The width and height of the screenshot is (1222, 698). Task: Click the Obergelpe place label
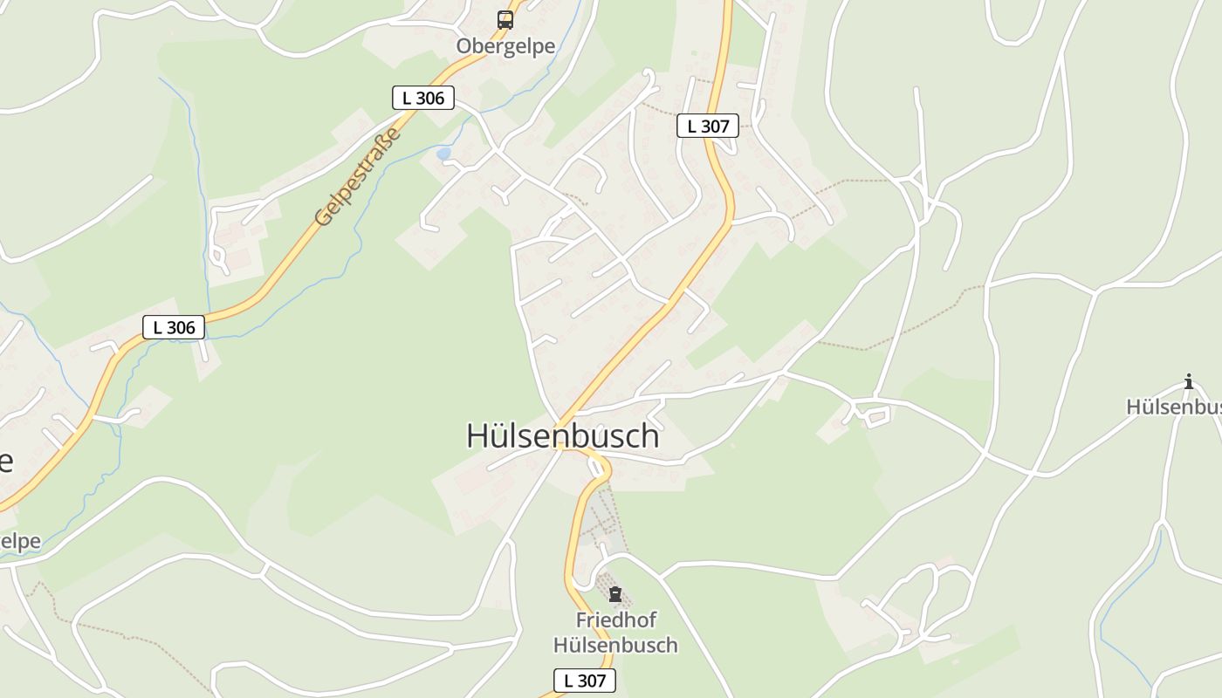[505, 46]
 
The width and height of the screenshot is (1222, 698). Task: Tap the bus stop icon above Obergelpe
[505, 19]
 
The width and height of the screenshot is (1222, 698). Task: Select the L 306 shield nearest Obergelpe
[423, 99]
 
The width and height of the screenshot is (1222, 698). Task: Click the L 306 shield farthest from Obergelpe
[174, 327]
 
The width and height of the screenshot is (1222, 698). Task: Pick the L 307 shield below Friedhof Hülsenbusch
[585, 681]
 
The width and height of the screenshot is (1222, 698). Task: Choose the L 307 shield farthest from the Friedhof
[708, 126]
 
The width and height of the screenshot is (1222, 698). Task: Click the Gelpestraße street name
[359, 177]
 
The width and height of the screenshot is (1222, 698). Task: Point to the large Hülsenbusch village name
[562, 435]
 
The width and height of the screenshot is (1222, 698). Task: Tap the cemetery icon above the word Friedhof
[615, 595]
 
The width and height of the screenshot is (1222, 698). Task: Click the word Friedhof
[616, 620]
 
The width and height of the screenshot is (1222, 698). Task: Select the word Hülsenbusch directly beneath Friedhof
[616, 646]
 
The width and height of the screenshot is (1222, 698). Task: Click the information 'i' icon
[1188, 381]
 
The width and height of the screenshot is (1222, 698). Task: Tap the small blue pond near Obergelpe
[443, 154]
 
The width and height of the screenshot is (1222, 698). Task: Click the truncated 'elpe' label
[19, 541]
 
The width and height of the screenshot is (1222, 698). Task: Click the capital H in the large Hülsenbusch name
[477, 435]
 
